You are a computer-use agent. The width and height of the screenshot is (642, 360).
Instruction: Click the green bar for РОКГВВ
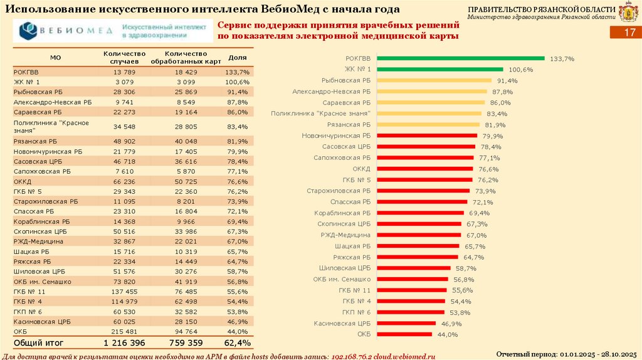460,58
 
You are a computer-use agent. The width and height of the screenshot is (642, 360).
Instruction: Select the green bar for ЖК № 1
439,69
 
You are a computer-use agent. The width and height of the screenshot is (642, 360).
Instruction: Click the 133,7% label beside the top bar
562,58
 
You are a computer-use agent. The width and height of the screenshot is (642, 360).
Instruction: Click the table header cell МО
55,58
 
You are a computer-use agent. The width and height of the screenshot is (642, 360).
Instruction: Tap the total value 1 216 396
124,343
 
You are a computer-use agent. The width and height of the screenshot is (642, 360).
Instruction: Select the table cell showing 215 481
125,331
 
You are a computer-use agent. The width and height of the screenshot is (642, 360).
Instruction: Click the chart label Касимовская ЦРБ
342,324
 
